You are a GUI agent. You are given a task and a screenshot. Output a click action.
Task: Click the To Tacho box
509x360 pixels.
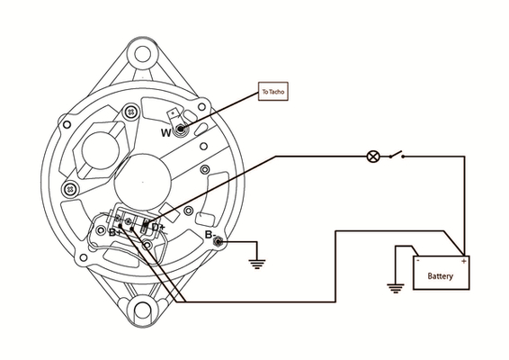[273, 91]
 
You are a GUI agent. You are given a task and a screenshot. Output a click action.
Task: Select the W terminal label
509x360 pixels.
[165, 132]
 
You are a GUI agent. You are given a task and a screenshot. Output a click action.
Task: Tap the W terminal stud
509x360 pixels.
[181, 130]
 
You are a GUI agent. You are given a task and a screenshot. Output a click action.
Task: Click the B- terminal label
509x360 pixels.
[210, 235]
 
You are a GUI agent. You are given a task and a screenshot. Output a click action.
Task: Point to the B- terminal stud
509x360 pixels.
[219, 242]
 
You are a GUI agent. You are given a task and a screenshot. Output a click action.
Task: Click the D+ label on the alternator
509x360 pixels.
[158, 227]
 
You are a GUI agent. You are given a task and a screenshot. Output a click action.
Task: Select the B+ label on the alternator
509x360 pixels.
[115, 232]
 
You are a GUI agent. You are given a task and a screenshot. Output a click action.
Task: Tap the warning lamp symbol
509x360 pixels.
[373, 157]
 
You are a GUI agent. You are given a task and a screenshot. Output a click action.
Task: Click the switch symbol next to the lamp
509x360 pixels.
[397, 155]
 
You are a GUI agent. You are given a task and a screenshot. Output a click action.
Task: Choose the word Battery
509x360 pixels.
[440, 276]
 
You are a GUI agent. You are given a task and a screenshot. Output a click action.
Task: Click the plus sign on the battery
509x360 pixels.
[463, 261]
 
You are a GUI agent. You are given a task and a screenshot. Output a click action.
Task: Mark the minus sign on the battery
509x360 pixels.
[418, 260]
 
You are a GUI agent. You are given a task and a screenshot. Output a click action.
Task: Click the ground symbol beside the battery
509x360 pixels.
[396, 288]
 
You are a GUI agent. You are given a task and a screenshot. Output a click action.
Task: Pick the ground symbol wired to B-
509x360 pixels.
[257, 265]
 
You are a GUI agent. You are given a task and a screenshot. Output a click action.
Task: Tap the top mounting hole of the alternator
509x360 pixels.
[142, 54]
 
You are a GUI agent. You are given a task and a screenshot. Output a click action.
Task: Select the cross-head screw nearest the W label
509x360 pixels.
[131, 112]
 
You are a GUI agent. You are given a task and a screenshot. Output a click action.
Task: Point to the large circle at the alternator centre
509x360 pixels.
[143, 183]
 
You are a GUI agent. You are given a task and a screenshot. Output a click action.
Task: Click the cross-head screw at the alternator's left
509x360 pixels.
[70, 189]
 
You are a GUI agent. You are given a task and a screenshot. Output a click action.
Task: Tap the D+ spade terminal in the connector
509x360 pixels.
[146, 226]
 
